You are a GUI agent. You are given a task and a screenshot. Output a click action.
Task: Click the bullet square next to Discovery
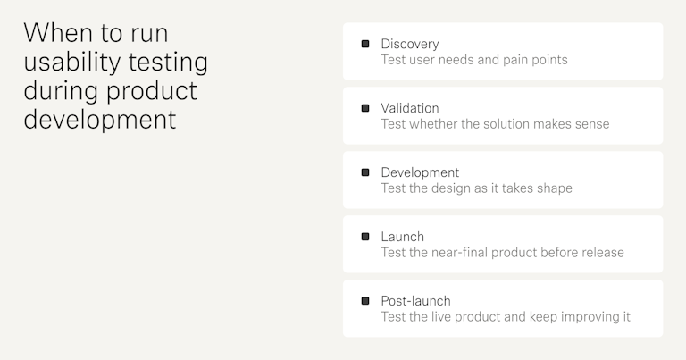[x=365, y=44]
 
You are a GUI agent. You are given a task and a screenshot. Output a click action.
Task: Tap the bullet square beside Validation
[x=365, y=108]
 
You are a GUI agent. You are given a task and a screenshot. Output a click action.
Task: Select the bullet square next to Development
[x=365, y=172]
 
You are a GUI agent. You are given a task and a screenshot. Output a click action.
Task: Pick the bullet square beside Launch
[x=365, y=237]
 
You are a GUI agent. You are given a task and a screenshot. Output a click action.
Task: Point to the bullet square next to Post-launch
[x=365, y=301]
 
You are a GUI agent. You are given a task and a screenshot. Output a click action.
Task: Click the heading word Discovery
[x=410, y=44]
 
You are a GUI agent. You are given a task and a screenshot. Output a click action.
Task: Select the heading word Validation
[x=410, y=108]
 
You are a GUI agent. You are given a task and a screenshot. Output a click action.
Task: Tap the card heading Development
[x=420, y=172]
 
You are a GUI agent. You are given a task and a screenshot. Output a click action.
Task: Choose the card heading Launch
[x=402, y=237]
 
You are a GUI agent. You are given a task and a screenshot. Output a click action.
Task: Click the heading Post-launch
[x=415, y=301]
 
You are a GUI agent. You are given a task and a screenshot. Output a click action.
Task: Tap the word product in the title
[x=153, y=90]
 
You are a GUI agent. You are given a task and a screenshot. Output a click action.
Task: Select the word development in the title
[x=100, y=119]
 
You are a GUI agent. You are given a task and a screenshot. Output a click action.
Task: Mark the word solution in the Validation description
[x=513, y=124]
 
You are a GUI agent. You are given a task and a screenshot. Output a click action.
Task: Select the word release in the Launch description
[x=601, y=253]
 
